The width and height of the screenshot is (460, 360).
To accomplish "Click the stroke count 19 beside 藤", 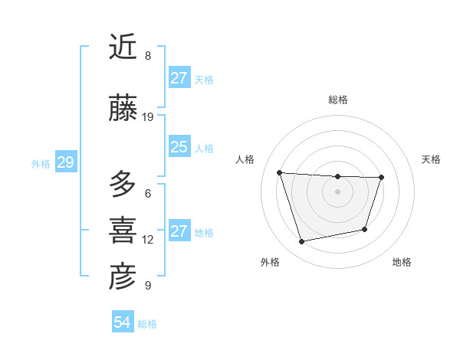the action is [149, 117].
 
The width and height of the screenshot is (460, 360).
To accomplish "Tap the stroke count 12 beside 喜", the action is [148, 240].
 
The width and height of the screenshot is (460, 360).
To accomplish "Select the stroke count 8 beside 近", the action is [148, 56].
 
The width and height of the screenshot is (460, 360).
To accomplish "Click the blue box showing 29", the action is [65, 162].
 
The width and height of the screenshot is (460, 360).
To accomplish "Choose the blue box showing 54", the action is [123, 322].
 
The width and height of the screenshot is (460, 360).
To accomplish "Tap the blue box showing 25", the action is [179, 147].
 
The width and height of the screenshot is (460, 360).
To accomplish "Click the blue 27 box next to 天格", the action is [179, 78].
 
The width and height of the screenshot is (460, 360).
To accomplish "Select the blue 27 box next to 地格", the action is [179, 231].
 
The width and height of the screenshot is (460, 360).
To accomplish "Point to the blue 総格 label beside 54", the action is [147, 324].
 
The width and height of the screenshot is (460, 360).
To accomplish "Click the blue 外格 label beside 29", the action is [41, 163].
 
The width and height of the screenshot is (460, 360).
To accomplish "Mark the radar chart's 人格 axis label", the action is [245, 159].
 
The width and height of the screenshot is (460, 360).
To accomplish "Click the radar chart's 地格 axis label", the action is [402, 262].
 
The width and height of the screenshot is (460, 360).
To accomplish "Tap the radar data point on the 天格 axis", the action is [381, 178].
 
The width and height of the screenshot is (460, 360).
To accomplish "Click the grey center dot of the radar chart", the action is [337, 191].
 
